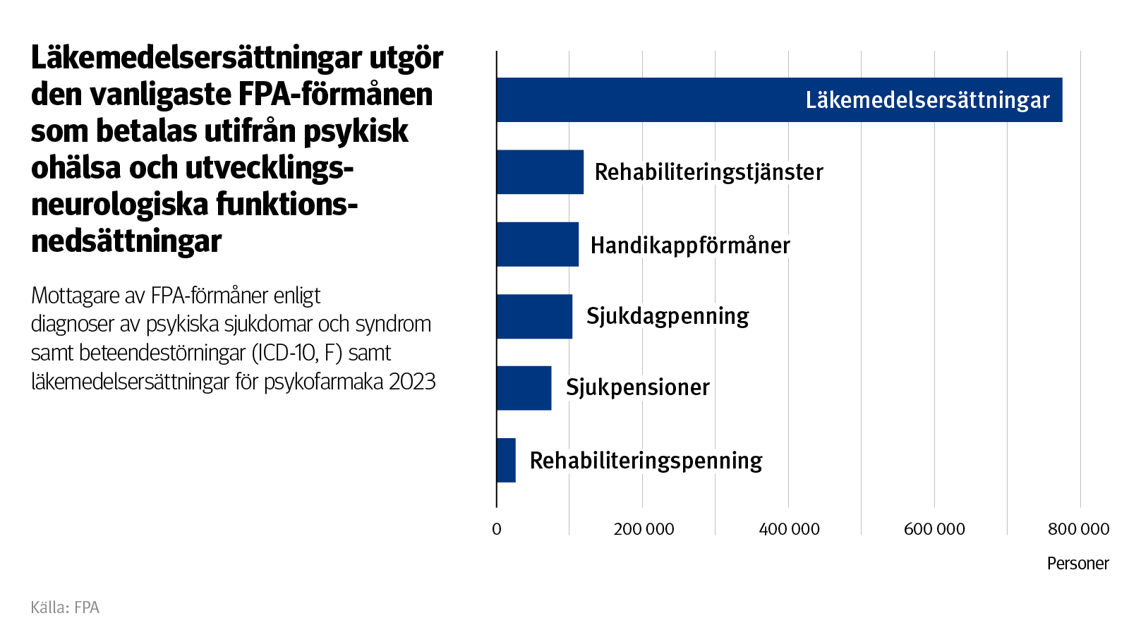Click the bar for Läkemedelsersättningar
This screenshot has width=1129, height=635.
(706, 99)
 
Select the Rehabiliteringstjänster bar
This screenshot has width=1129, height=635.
(540, 172)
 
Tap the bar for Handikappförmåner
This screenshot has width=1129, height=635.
(537, 244)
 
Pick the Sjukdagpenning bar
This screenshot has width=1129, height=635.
(534, 316)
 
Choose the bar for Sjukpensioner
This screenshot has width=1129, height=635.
(524, 388)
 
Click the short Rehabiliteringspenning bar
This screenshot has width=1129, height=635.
(506, 460)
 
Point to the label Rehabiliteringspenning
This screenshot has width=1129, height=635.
(646, 461)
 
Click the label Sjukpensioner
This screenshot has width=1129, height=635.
(637, 387)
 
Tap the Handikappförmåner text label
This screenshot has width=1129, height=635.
(689, 246)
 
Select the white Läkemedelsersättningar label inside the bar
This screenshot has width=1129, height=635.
(927, 100)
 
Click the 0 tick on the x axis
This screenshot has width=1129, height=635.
(497, 529)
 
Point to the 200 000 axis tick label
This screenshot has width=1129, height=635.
(644, 529)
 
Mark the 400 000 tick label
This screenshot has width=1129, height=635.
(789, 529)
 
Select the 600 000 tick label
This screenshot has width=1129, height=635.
(934, 529)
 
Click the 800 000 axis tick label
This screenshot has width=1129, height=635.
(1078, 529)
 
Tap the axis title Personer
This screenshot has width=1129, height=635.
(1077, 564)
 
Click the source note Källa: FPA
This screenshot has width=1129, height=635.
(65, 607)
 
